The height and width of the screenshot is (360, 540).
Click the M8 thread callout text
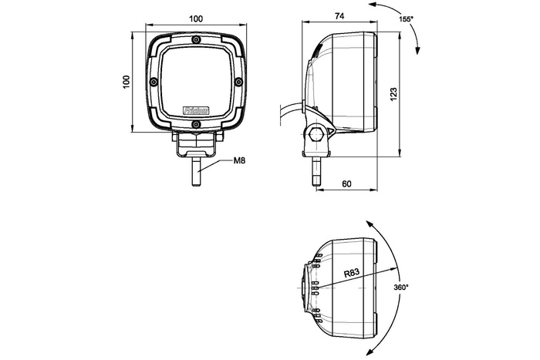point(240,161)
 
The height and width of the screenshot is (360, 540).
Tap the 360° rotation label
point(400,287)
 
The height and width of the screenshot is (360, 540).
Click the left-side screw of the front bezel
point(154,82)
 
